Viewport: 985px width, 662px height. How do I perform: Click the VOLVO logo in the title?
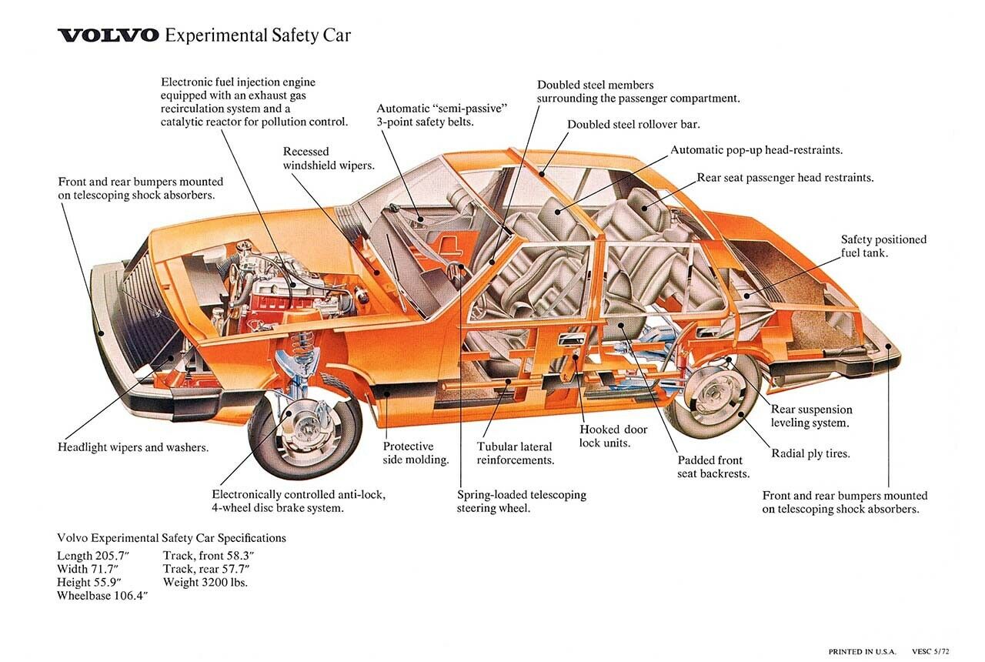(x=109, y=35)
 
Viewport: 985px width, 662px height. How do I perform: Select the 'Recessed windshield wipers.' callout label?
(x=329, y=159)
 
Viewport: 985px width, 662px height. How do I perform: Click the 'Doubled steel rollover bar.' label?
(x=633, y=124)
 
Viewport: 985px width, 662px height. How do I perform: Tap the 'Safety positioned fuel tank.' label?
(x=883, y=246)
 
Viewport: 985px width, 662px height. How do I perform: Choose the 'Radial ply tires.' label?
(x=810, y=453)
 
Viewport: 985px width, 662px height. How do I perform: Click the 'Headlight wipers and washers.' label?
(x=133, y=447)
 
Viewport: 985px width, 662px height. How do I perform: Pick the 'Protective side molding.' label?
(x=416, y=453)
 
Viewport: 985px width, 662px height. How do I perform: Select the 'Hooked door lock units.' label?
(x=613, y=436)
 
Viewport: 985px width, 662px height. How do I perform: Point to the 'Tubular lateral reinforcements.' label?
(x=515, y=453)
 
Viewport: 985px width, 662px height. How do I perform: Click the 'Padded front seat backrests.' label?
(x=713, y=466)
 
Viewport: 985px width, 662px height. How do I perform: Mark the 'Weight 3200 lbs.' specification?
(x=205, y=582)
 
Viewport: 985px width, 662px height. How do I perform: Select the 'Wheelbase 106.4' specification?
(x=102, y=596)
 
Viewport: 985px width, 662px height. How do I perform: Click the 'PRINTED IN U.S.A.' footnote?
(x=862, y=652)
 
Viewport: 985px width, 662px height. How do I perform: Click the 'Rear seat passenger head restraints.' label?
(x=785, y=178)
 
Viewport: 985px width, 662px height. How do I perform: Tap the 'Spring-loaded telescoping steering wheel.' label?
(x=521, y=501)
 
